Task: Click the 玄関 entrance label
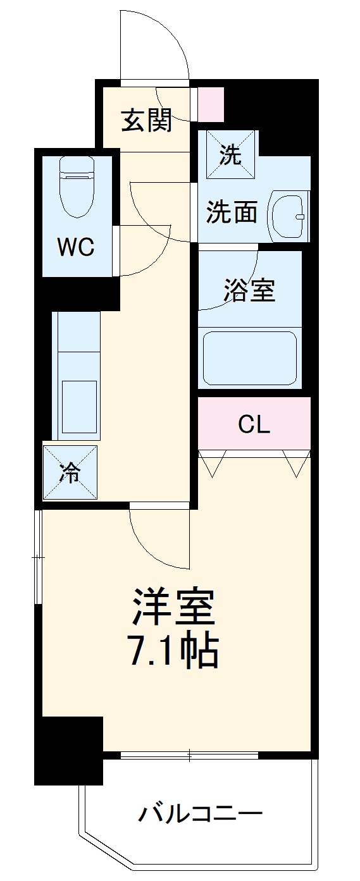point(146,120)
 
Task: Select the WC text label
point(76,247)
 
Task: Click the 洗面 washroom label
point(232,214)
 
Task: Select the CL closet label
point(254,424)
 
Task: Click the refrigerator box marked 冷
point(71,472)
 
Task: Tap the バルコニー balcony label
point(200,813)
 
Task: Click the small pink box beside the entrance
point(211,104)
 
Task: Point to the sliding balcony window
point(189,755)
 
